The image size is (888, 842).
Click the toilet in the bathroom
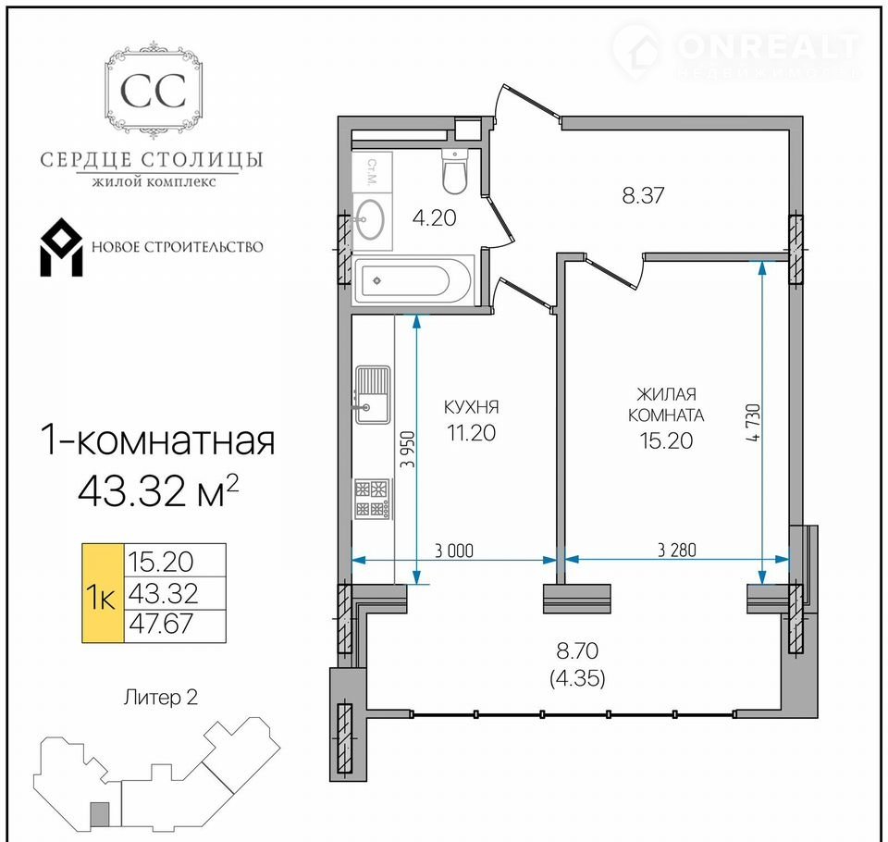point(454,172)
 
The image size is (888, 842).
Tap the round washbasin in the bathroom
point(369,219)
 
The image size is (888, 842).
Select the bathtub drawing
point(413,279)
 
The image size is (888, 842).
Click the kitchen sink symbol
point(373,395)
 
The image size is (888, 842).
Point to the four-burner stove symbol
point(373,499)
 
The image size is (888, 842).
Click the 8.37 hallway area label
point(643,195)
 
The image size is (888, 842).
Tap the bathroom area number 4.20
point(435,217)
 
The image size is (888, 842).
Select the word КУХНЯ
point(471,407)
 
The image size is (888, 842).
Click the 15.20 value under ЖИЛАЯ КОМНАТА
point(666,440)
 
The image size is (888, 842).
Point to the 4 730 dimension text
point(754,422)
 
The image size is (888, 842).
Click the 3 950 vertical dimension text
point(408,450)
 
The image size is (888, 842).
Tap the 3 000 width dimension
point(453,551)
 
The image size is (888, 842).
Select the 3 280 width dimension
point(677,550)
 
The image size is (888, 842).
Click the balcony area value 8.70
point(577,650)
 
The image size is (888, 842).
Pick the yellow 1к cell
point(103,593)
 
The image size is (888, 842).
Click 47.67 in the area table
point(161,624)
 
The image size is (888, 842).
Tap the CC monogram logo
point(154,91)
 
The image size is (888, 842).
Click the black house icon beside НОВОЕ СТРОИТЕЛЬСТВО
point(61,248)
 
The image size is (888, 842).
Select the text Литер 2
point(161,697)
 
